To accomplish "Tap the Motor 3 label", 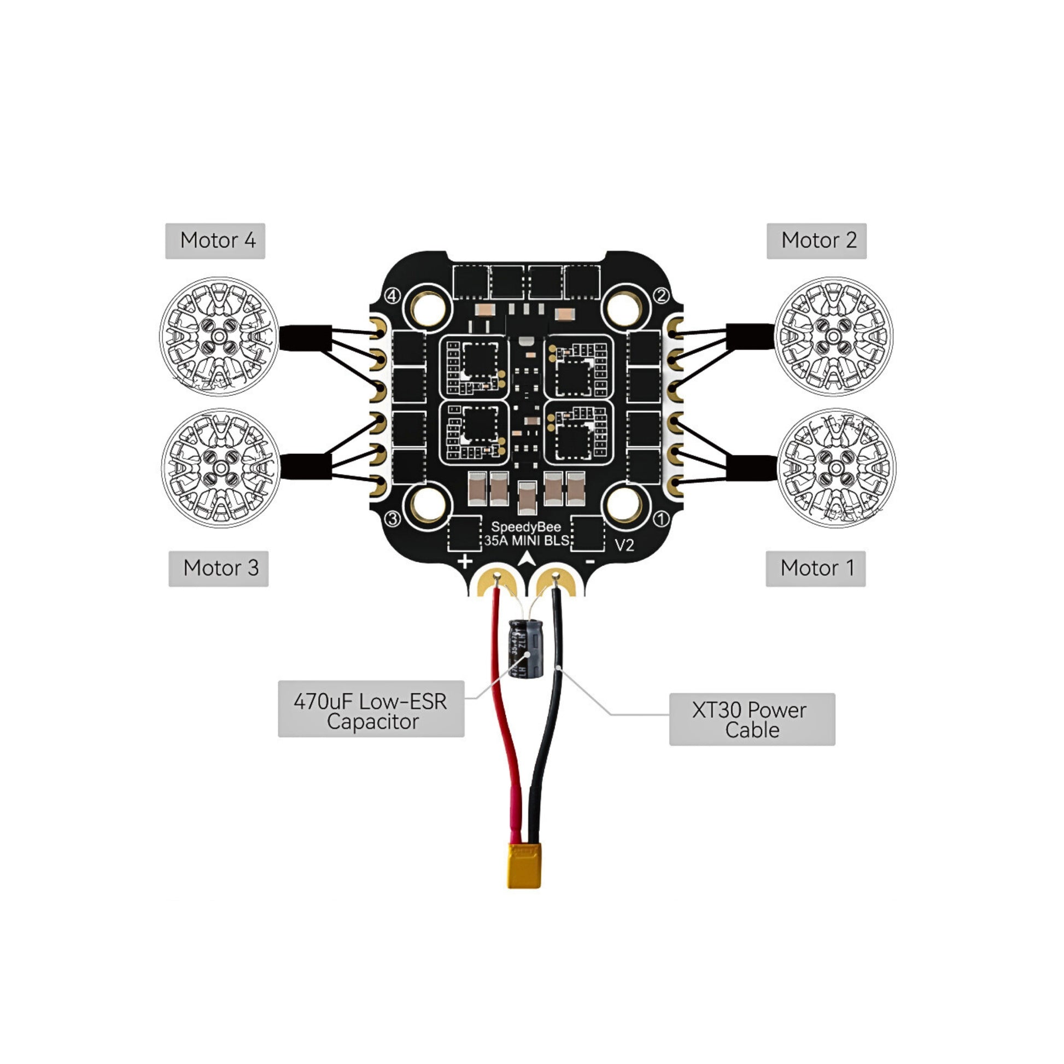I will point(218,568).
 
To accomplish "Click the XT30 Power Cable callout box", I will point(752,720).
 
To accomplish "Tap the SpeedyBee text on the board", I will point(525,527).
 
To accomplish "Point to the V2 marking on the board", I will point(624,545).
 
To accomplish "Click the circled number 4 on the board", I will point(391,296).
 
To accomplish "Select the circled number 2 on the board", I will point(661,296).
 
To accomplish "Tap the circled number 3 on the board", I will point(392,519).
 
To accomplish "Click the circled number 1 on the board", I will point(661,519).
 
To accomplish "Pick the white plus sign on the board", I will point(465,562).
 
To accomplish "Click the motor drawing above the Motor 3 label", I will point(221,468).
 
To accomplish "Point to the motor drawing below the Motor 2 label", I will point(833,336).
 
